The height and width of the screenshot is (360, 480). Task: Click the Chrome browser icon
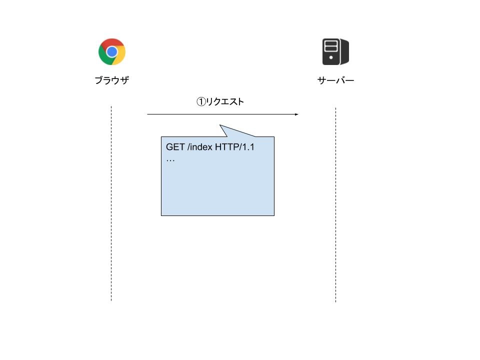(x=111, y=51)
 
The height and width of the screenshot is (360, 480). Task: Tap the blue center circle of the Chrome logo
(x=111, y=51)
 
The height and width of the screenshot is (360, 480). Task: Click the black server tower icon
(x=335, y=51)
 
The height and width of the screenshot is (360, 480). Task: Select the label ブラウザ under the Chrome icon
(x=111, y=80)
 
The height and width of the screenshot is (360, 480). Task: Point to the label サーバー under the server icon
(x=335, y=80)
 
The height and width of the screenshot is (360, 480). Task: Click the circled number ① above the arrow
(x=200, y=102)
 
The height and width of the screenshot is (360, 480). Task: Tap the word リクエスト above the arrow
(x=225, y=102)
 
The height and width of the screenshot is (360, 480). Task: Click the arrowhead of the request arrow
(x=296, y=114)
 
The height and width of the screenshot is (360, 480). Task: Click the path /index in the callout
(x=200, y=147)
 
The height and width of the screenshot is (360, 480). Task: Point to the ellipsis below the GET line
(x=170, y=160)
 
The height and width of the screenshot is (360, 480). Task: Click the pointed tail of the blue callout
(x=221, y=127)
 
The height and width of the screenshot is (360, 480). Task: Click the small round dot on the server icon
(x=330, y=57)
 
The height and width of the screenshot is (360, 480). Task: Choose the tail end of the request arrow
(x=148, y=114)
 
